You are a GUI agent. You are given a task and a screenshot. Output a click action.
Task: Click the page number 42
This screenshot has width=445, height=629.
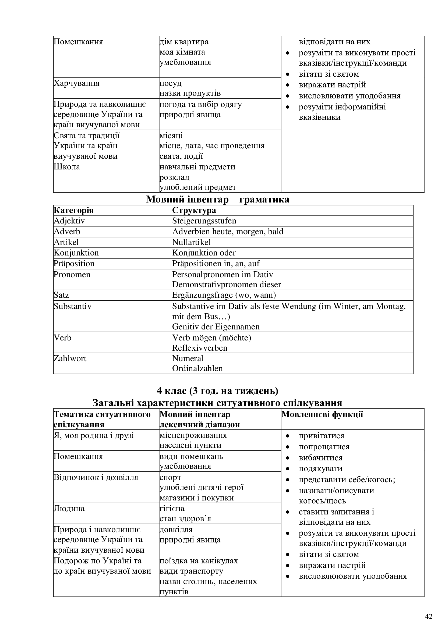pyautogui.click(x=429, y=616)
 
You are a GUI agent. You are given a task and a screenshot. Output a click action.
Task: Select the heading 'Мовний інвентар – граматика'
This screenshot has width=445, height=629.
pyautogui.click(x=218, y=199)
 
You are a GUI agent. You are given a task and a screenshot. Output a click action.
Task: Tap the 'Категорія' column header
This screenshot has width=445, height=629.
pyautogui.click(x=74, y=210)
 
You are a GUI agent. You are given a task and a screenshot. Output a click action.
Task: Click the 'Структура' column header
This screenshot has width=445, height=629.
pyautogui.click(x=194, y=210)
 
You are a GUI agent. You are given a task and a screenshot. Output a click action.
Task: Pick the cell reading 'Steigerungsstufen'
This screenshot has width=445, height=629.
pyautogui.click(x=204, y=221)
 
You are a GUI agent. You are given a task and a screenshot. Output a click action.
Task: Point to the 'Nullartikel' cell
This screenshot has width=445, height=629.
pyautogui.click(x=192, y=242)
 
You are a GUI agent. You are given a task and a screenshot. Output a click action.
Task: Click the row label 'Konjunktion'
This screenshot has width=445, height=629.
pyautogui.click(x=76, y=253)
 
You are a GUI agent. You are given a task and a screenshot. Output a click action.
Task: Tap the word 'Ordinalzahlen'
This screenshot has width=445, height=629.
pyautogui.click(x=197, y=368)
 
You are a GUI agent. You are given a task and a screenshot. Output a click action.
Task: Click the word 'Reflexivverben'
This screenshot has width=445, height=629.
pyautogui.click(x=200, y=348)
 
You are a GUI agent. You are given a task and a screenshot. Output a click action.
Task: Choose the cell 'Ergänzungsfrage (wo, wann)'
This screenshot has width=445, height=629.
pyautogui.click(x=224, y=295)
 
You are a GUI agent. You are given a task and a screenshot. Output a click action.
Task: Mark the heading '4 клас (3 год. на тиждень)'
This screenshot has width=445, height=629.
pyautogui.click(x=218, y=391)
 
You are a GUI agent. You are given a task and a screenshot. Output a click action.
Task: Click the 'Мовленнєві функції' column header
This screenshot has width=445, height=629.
pyautogui.click(x=322, y=414)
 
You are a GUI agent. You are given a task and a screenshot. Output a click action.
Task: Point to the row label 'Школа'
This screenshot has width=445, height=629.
pyautogui.click(x=67, y=167)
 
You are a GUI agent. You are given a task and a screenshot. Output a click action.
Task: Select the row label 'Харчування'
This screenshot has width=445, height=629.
pyautogui.click(x=76, y=83)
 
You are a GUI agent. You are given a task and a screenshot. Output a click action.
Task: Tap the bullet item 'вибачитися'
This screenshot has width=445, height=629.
pyautogui.click(x=321, y=458)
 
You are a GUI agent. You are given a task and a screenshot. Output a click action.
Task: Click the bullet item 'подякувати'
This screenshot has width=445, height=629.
pyautogui.click(x=321, y=468)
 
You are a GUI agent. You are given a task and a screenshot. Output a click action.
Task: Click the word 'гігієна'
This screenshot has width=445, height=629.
pyautogui.click(x=172, y=509)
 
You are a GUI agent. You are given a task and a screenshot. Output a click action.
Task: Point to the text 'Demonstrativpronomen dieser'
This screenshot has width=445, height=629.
pyautogui.click(x=227, y=285)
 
